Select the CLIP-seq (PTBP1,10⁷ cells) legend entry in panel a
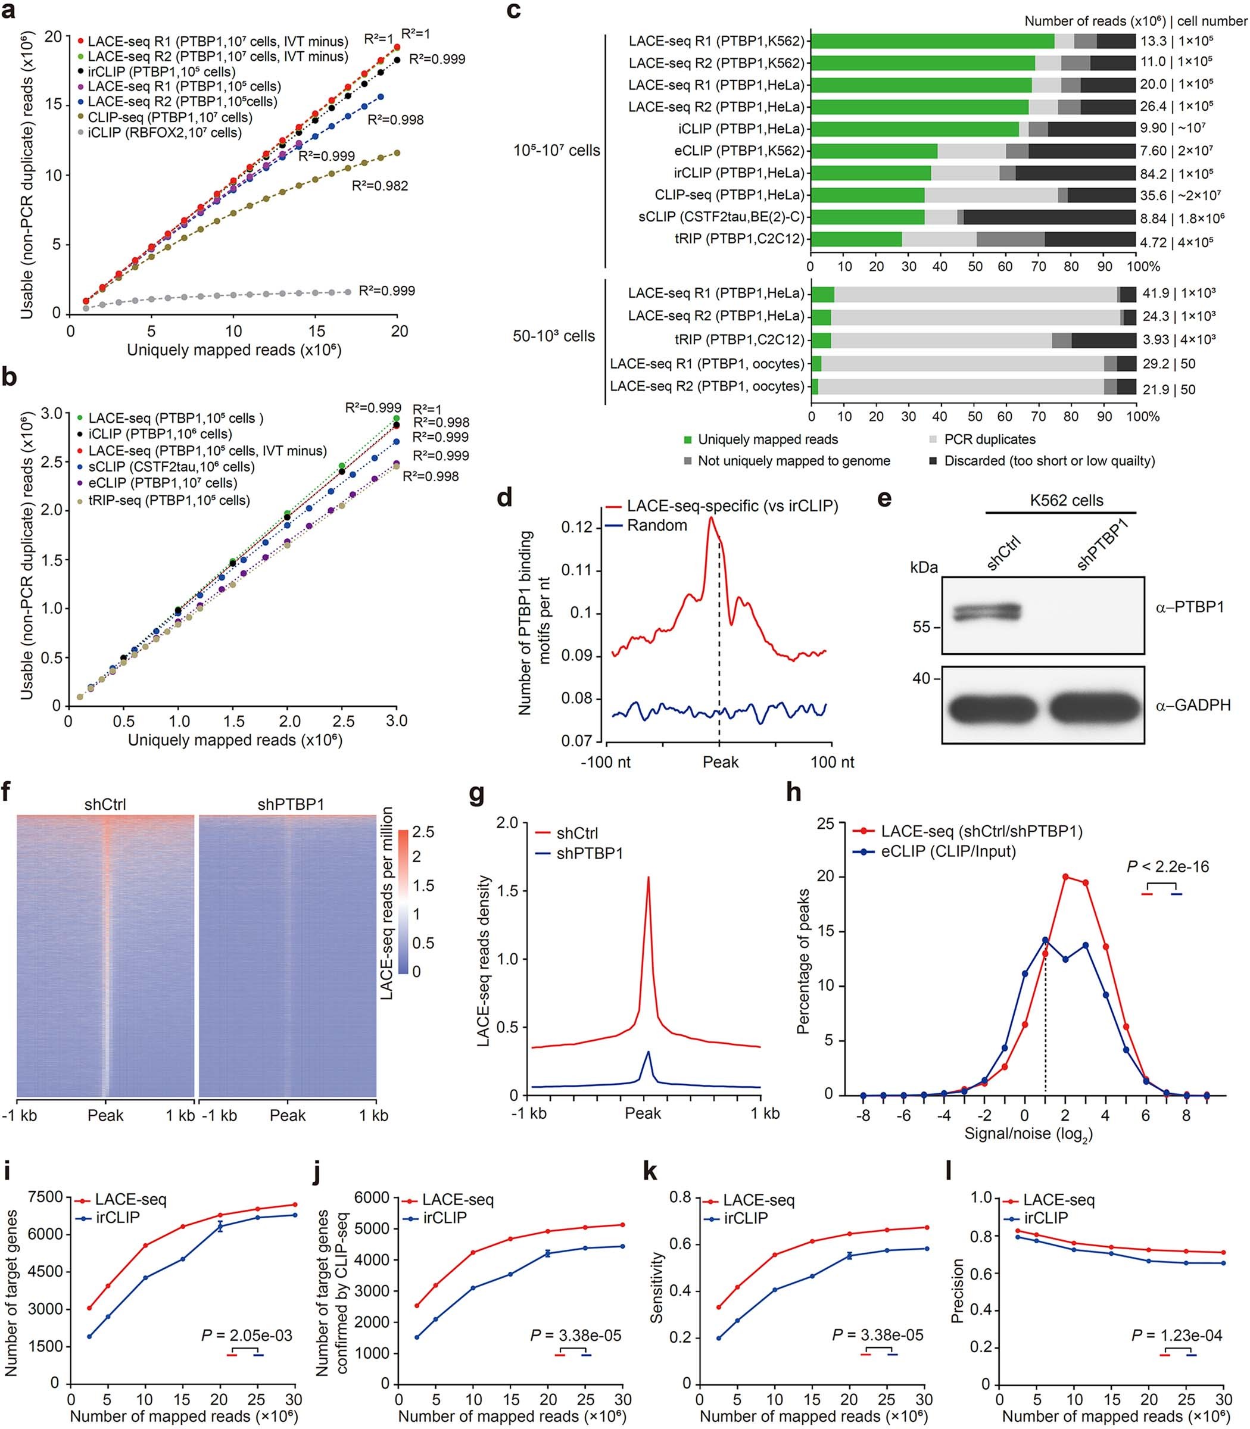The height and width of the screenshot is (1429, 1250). click(170, 117)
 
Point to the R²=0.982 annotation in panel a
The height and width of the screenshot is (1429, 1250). click(379, 186)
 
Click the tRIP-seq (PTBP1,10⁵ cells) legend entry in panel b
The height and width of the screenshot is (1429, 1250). click(168, 500)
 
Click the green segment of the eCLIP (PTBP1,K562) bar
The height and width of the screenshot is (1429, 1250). click(873, 151)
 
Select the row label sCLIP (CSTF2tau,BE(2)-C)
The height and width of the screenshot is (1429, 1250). click(721, 217)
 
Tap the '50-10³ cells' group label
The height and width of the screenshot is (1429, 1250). click(554, 336)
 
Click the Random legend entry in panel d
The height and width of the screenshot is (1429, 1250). click(656, 526)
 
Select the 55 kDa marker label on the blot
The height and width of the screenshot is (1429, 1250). click(921, 628)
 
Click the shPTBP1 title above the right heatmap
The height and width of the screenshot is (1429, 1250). click(291, 804)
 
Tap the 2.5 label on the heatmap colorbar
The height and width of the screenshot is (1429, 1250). click(423, 832)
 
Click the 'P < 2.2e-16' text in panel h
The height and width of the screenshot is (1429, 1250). click(1168, 867)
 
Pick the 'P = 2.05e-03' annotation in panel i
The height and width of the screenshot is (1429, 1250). click(247, 1336)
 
